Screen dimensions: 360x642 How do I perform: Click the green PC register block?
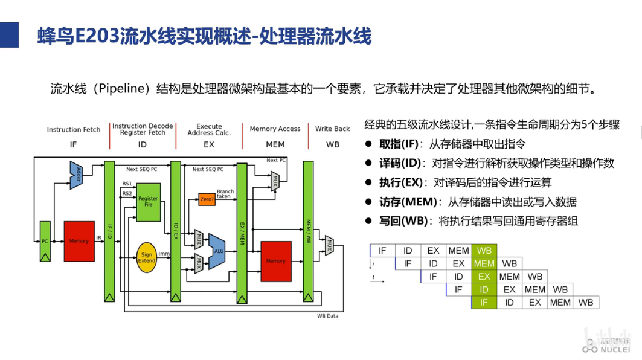[45, 241]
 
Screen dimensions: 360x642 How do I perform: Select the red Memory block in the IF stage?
[79, 241]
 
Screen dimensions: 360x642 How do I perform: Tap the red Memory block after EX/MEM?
[275, 261]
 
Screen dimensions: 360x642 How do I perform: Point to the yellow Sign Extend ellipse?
[147, 258]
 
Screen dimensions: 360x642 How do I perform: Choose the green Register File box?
[148, 201]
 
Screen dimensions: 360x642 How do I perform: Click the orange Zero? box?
[207, 199]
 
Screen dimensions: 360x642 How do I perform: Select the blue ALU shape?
[216, 250]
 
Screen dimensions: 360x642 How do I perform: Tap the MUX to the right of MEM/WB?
[329, 245]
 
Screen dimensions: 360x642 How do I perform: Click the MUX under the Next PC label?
[274, 181]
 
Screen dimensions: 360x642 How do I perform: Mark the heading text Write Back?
[332, 129]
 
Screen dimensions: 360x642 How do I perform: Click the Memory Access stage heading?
[275, 129]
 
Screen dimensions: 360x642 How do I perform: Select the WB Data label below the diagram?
[327, 316]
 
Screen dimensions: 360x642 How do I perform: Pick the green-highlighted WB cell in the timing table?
[484, 251]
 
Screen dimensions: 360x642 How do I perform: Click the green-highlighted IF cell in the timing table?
[484, 302]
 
